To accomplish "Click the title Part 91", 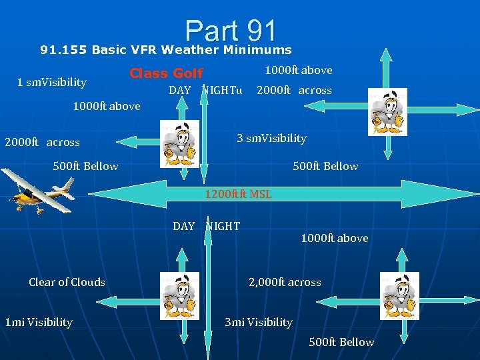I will (x=231, y=31).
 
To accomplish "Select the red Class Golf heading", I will (x=166, y=73).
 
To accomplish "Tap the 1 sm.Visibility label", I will (x=52, y=82).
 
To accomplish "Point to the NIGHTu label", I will (x=222, y=90).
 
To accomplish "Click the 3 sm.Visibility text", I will (x=271, y=138).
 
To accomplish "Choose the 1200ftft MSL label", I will (x=238, y=195).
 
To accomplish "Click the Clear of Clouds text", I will (x=67, y=282).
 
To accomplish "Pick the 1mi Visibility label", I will (x=39, y=322).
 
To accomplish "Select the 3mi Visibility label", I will (x=259, y=322).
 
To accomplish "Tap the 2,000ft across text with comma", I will (x=285, y=282).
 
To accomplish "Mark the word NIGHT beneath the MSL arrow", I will (x=223, y=226).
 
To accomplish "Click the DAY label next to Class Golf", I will (x=180, y=90).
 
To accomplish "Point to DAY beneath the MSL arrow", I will (x=184, y=226).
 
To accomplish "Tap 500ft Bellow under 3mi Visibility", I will (x=341, y=342).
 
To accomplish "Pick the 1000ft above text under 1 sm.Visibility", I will (x=107, y=106).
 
